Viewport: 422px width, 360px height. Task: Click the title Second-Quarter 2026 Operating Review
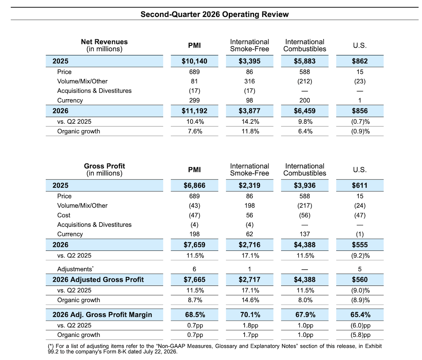(214, 14)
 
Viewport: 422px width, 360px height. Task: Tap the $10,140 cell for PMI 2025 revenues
(194, 61)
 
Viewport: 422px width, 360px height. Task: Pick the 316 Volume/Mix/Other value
(249, 82)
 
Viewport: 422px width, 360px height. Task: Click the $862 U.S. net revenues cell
(360, 61)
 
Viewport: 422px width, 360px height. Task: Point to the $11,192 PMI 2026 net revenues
(194, 111)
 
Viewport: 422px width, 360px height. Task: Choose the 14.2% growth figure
(250, 122)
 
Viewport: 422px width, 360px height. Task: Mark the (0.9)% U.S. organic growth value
(360, 132)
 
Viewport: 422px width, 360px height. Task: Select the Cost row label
(64, 215)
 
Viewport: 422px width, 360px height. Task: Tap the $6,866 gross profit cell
(194, 185)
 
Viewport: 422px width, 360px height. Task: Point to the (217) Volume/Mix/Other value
(305, 206)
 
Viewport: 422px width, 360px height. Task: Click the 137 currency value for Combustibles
(305, 234)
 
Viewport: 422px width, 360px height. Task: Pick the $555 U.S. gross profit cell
(360, 245)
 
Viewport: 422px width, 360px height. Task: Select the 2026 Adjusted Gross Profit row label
(98, 279)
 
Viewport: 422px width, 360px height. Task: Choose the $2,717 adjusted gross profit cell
(249, 279)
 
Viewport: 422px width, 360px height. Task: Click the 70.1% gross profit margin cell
(250, 314)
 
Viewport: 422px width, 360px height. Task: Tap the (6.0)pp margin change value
(360, 325)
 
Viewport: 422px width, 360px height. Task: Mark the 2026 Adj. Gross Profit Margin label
(102, 314)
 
